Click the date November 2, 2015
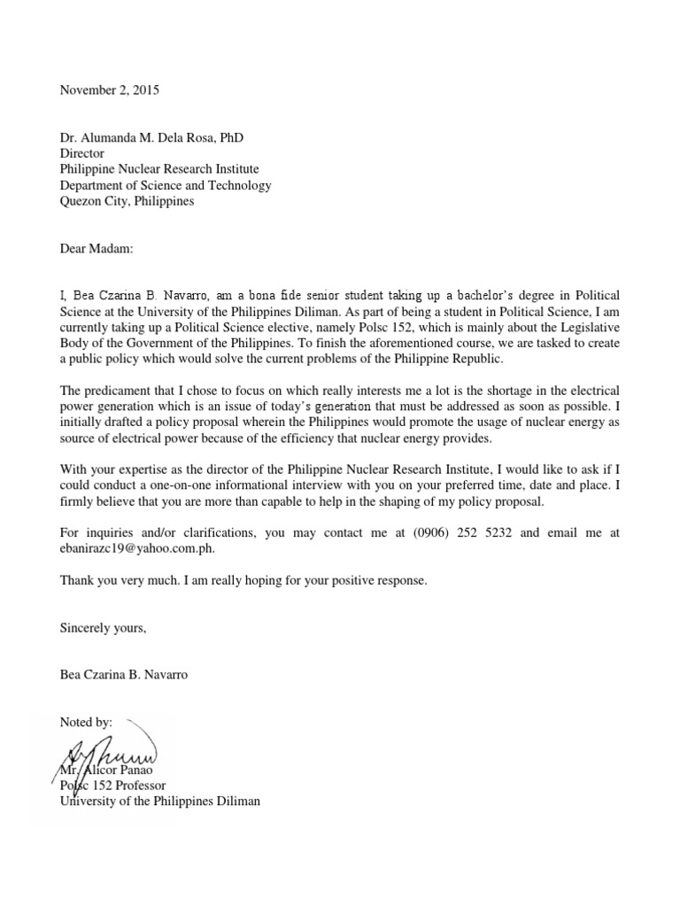111,89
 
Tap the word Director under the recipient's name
82,153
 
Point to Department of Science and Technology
166,185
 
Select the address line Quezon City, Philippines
127,201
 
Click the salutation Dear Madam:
96,249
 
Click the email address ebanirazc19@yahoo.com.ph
137,548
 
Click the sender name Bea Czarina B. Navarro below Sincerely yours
124,675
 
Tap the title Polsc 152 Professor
112,785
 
